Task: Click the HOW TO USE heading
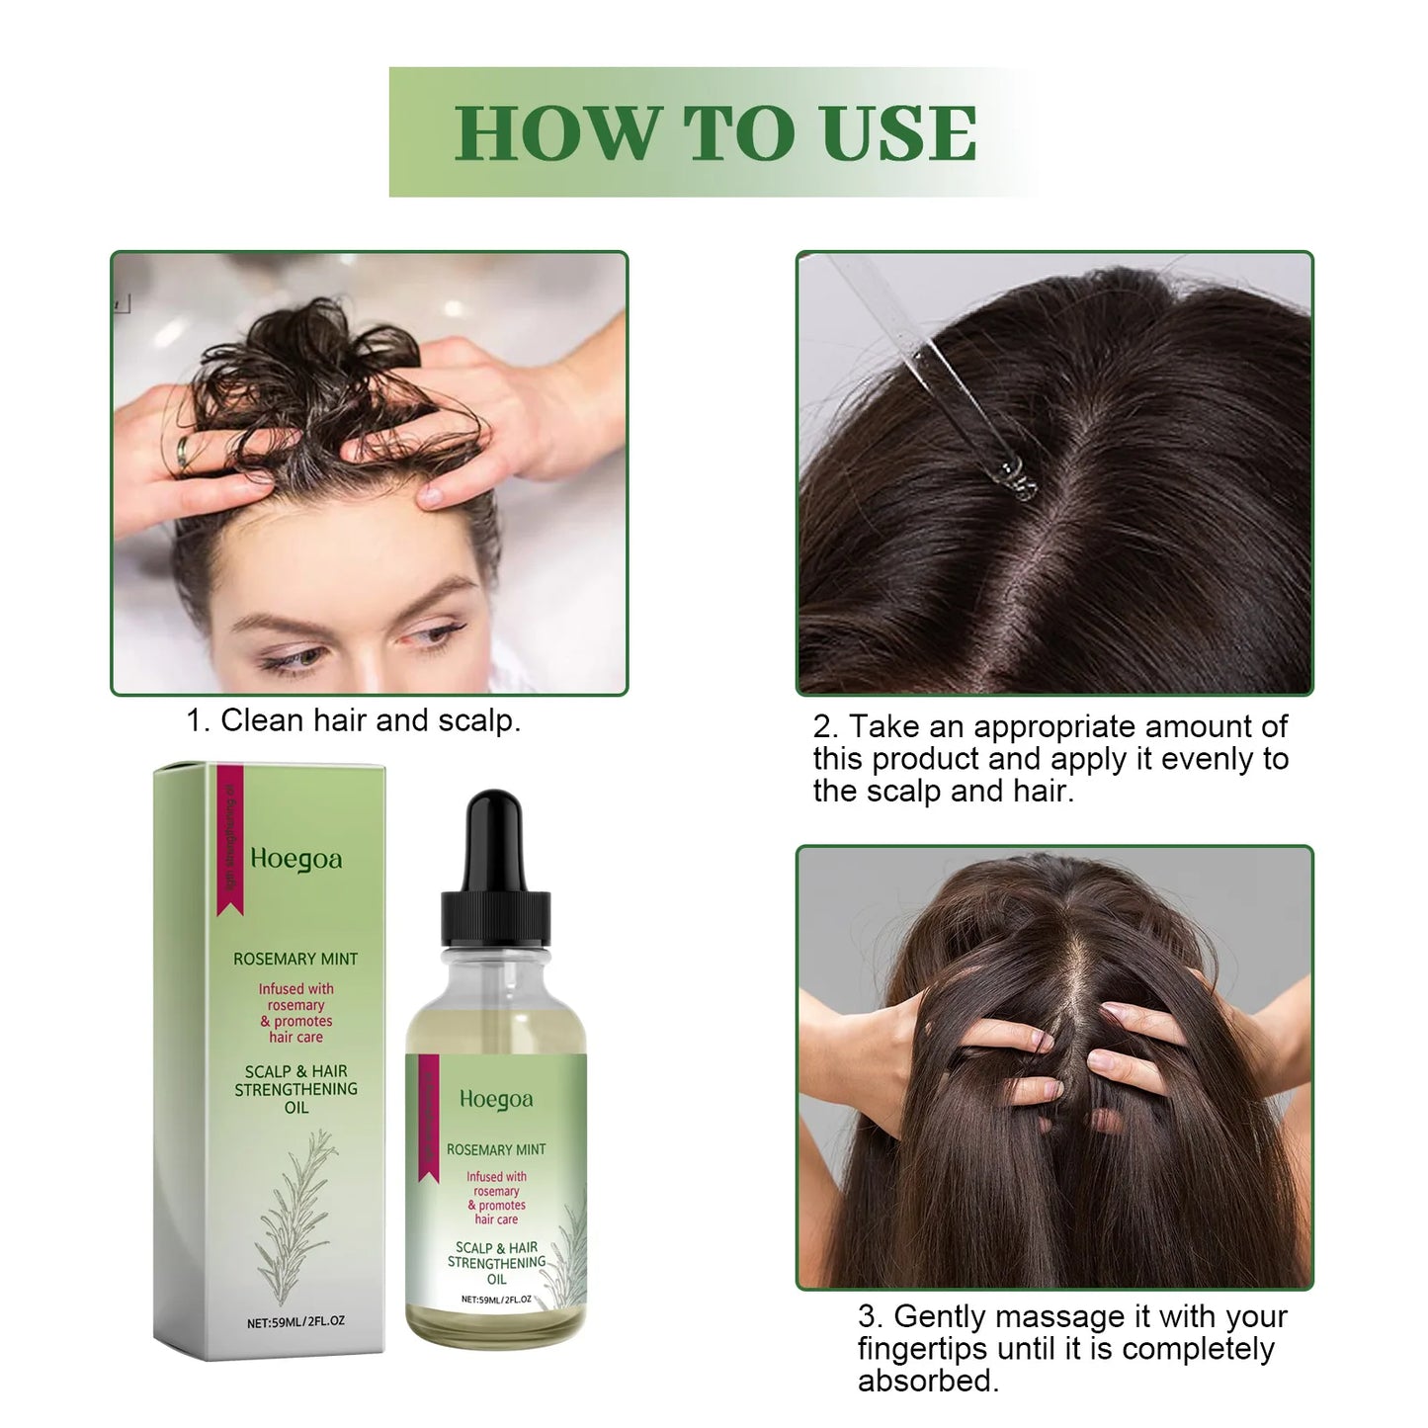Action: (715, 132)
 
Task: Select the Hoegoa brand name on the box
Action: (296, 859)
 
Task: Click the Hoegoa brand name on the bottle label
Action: (496, 1099)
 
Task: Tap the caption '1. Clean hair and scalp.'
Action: (354, 720)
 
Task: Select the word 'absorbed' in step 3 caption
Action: (925, 1381)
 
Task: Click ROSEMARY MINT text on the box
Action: (295, 959)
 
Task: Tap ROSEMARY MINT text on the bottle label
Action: (496, 1149)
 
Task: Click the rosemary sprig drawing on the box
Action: (296, 1211)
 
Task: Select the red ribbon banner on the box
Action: (229, 840)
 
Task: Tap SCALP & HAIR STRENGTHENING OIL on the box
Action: (295, 1089)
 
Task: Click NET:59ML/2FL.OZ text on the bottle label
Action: (496, 1300)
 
